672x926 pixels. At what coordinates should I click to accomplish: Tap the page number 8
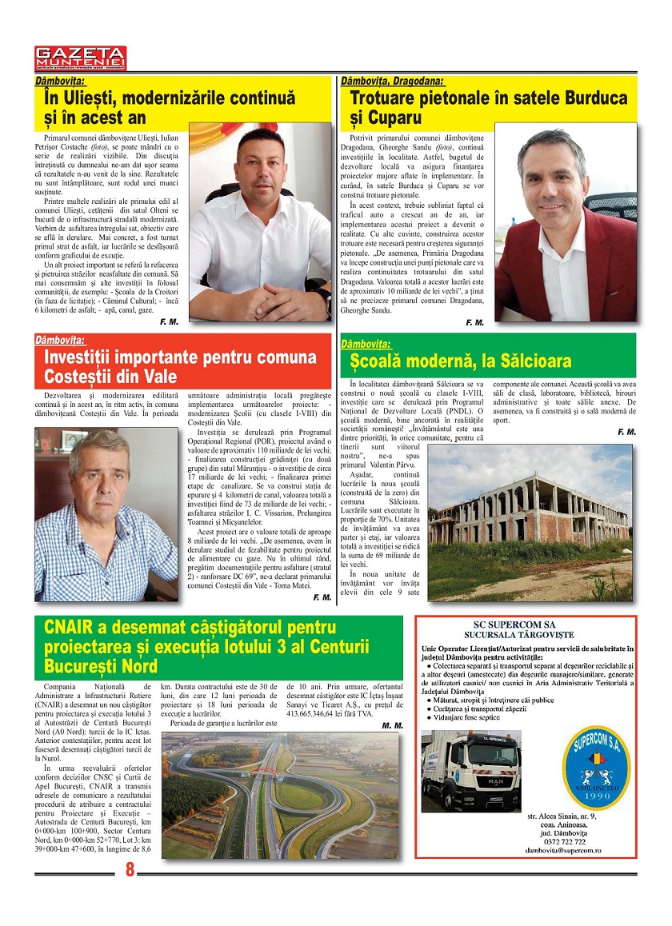pos(129,870)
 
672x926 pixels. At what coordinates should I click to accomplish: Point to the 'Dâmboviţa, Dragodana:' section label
pos(393,81)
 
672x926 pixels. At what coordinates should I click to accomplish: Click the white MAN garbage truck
pos(470,772)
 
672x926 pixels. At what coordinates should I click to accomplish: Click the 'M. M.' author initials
pos(392,725)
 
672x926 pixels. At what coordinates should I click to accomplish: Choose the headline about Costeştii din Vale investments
pos(172,366)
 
